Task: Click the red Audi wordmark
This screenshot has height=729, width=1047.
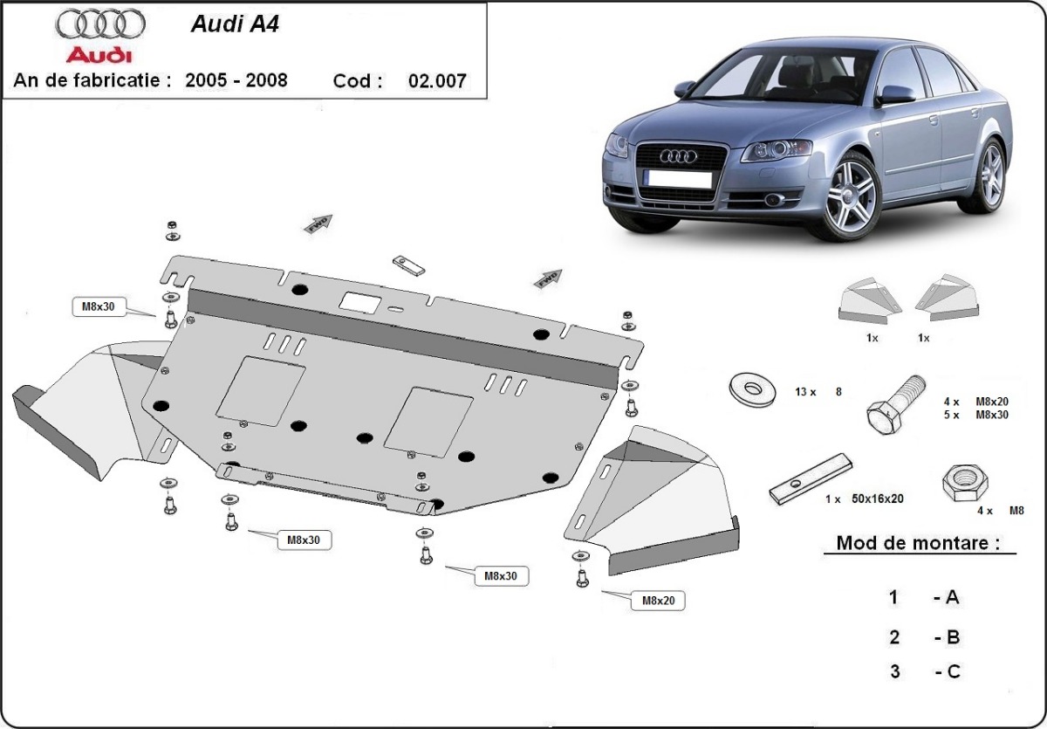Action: pyautogui.click(x=99, y=55)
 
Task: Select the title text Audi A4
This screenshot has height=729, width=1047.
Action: pyautogui.click(x=236, y=24)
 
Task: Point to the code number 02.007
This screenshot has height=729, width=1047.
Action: pyautogui.click(x=437, y=81)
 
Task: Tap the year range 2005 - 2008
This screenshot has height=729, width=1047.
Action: pyautogui.click(x=236, y=80)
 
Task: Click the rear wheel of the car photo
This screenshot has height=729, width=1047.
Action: pyautogui.click(x=992, y=175)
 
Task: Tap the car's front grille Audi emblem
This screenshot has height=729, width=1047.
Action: pyautogui.click(x=678, y=156)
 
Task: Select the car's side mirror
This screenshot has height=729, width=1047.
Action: pyautogui.click(x=895, y=94)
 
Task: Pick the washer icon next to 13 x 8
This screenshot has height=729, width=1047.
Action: pyautogui.click(x=751, y=389)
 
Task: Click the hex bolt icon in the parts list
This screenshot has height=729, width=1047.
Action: pyautogui.click(x=894, y=407)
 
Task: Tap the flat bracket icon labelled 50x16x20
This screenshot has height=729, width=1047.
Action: pyautogui.click(x=809, y=479)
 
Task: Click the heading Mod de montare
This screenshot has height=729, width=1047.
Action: pyautogui.click(x=917, y=542)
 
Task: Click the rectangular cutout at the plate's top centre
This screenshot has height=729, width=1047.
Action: pyautogui.click(x=359, y=302)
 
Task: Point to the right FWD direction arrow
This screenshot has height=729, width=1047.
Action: pyautogui.click(x=548, y=279)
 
